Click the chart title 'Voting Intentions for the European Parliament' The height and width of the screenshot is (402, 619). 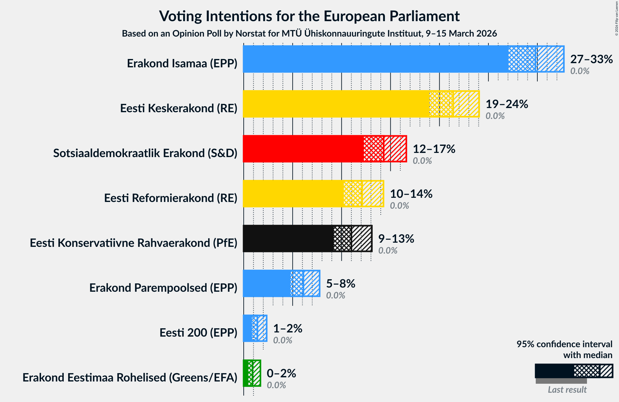coord(309,16)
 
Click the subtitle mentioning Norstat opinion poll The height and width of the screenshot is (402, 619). coord(309,33)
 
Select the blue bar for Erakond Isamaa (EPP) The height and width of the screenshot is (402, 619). coord(375,59)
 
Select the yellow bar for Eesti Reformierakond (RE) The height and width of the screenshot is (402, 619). coord(293,194)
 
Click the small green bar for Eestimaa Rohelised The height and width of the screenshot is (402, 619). coord(248,373)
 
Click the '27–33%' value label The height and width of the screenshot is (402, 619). coord(591,59)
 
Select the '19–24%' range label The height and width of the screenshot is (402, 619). coord(507,104)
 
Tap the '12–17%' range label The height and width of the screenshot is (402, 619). coord(434,149)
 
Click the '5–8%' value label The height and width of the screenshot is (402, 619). coord(340,283)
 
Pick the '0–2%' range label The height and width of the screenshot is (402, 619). coord(281,373)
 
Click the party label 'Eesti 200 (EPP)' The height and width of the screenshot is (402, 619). coord(198,332)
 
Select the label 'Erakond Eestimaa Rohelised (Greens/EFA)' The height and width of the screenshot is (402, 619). coord(130,377)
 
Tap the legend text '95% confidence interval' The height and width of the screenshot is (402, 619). coord(564,344)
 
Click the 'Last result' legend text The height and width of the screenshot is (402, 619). coord(567,389)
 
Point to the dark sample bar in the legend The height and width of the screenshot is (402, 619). coord(554,371)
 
